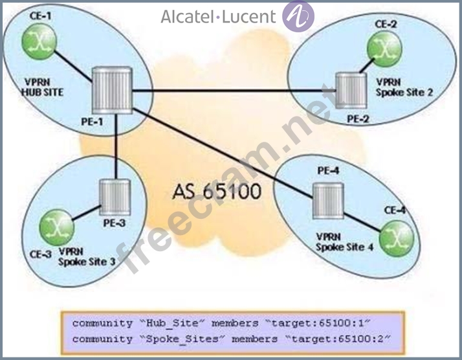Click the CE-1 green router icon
pos(39,41)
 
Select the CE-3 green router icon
pos(56,227)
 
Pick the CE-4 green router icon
pos(396,239)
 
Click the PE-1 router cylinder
pos(112,90)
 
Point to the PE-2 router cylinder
pos(351,91)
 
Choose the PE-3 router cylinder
pos(115,197)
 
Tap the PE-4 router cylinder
pos(328,201)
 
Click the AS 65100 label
pos(217,192)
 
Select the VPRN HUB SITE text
pos(43,87)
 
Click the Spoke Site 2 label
pos(404,93)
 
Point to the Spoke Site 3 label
pos(87,262)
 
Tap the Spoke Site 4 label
pos(345,247)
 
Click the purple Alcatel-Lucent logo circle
pos(298,16)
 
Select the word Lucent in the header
pos(248,17)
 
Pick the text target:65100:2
pos(338,339)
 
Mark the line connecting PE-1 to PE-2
pos(234,91)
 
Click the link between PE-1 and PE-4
pos(223,153)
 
